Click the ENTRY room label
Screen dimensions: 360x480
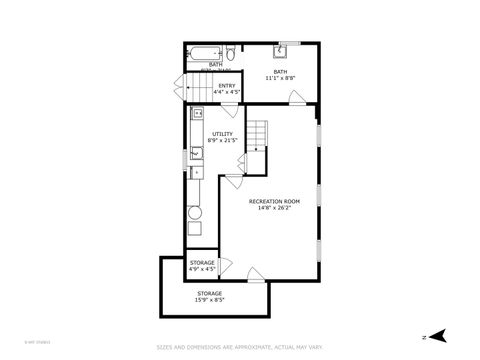[x=227, y=87]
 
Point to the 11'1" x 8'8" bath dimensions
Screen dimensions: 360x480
[x=279, y=77]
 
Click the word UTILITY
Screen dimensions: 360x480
[x=221, y=133]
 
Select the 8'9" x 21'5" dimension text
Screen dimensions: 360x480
[x=221, y=140]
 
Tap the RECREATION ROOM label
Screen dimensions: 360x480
[x=274, y=201]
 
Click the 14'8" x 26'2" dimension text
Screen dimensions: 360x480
[x=274, y=208]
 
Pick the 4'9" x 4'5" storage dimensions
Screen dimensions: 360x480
[x=202, y=268]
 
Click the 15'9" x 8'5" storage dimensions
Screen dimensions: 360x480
[x=209, y=299]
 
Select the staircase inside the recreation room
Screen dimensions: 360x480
[x=258, y=134]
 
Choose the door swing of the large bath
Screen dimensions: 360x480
[x=297, y=98]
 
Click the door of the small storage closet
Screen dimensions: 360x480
[x=226, y=266]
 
